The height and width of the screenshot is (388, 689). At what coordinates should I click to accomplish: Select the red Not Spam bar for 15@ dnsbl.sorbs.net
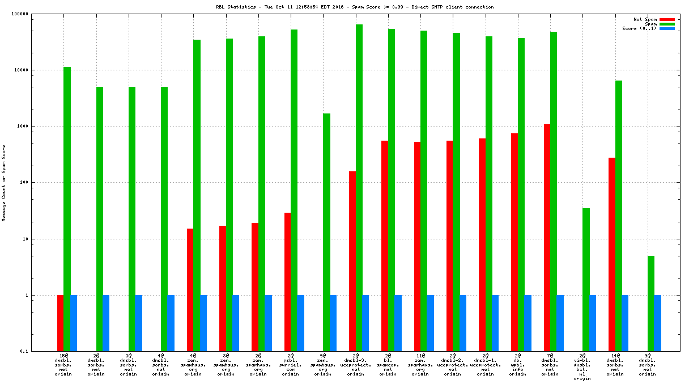pos(60,323)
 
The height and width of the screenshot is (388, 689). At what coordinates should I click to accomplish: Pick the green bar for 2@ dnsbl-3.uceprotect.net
pos(359,188)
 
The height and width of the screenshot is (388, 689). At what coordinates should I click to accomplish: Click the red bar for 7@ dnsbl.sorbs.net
pos(547,238)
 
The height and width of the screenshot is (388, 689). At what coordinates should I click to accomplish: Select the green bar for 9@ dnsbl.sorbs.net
pos(651,303)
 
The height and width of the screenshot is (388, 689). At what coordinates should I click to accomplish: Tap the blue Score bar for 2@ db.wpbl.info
pos(528,323)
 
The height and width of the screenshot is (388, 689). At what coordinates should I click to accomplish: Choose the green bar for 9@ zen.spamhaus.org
pos(326,232)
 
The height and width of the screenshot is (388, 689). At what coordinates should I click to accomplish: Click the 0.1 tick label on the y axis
pos(40,352)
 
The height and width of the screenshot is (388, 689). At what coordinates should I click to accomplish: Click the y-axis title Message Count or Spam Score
pos(3,183)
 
